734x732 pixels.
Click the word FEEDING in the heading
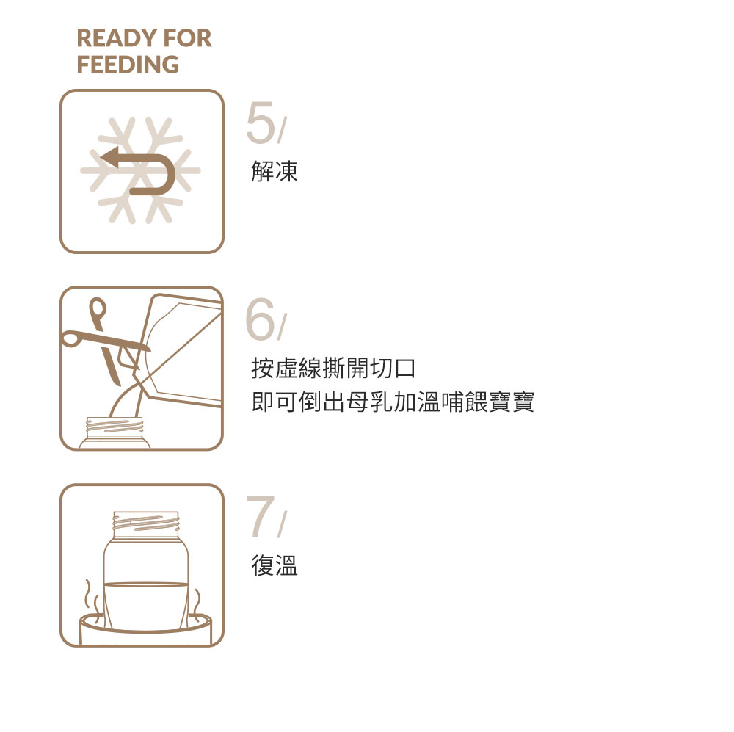point(128,65)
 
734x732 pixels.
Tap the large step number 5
point(261,125)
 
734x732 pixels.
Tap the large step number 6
point(261,321)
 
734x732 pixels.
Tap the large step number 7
point(261,518)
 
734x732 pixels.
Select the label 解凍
point(275,172)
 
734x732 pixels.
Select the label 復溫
point(275,566)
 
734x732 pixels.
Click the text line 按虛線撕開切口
point(334,369)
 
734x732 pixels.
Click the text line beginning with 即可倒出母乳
point(393,402)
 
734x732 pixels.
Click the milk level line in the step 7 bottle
point(146,584)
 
